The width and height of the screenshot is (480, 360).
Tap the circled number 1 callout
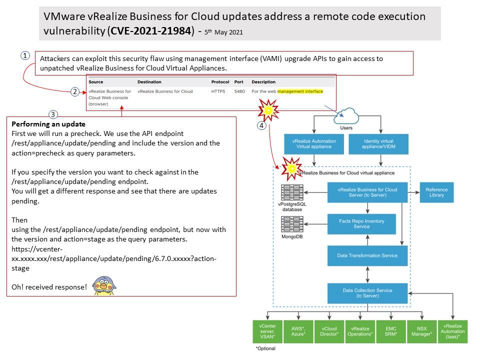[x=25, y=56]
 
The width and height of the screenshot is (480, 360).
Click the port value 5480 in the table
[x=239, y=91]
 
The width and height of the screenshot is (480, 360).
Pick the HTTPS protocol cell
[x=218, y=91]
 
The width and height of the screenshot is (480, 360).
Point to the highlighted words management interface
[x=300, y=91]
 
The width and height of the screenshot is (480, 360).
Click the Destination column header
[x=149, y=81]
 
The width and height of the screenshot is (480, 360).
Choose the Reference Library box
[x=436, y=192]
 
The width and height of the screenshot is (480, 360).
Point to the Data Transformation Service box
[x=367, y=255]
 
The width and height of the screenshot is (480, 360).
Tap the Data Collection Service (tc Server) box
[x=367, y=293]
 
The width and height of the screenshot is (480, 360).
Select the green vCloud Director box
[x=329, y=331]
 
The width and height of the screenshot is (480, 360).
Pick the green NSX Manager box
[x=422, y=331]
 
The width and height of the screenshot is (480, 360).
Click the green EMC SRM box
[x=391, y=331]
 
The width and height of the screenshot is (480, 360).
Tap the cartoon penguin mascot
[x=104, y=285]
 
